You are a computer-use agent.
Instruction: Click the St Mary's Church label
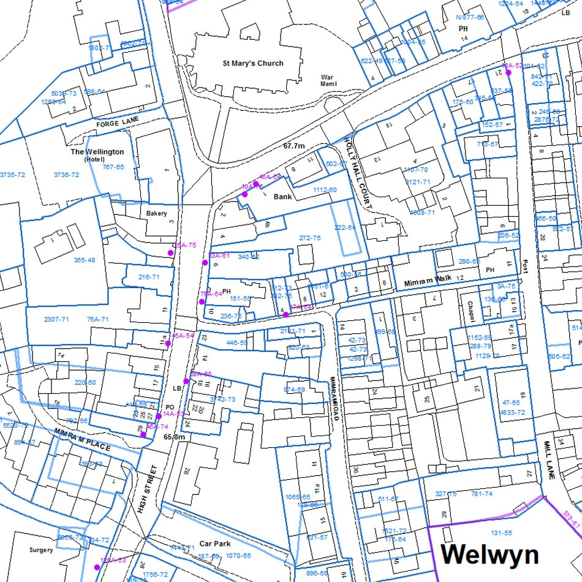coord(253,63)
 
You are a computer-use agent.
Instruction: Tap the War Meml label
coord(329,81)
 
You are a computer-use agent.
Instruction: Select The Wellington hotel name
coord(97,151)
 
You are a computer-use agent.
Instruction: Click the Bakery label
coord(156,213)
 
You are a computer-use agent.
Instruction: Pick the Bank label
coord(282,197)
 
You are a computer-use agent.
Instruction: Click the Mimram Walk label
coord(427,278)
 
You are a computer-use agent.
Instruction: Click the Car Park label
coord(214,544)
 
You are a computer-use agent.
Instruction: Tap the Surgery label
coord(42,550)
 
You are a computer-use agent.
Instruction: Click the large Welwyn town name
coord(489,554)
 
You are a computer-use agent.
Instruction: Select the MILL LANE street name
coord(546,457)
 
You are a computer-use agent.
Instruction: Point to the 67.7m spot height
coord(294,146)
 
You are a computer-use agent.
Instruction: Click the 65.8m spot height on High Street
coord(174,437)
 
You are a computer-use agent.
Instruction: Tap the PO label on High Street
coord(170,407)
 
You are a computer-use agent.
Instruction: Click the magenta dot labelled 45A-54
coord(168,344)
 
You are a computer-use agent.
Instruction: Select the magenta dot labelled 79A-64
coord(202,301)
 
